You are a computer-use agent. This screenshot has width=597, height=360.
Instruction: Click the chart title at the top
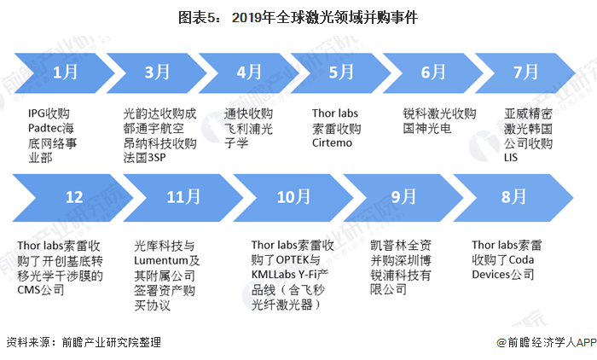(x=298, y=18)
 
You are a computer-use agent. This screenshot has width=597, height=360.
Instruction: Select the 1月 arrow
(x=64, y=73)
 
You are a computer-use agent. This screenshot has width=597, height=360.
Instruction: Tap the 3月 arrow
(x=156, y=73)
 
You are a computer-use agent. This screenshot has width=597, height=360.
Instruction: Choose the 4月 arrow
(x=248, y=73)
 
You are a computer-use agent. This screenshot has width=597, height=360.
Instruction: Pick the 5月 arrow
(x=340, y=73)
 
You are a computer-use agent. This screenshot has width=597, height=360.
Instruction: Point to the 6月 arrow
(x=432, y=73)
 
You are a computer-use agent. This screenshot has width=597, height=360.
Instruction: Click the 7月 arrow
(x=525, y=73)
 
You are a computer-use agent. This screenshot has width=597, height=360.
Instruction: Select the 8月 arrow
(x=513, y=198)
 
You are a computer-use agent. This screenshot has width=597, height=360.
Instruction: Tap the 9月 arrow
(x=403, y=198)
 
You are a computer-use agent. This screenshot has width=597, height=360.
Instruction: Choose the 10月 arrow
(x=293, y=198)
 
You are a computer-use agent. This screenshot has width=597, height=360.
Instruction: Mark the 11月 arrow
(x=183, y=198)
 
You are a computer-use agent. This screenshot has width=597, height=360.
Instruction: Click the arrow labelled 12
(x=73, y=198)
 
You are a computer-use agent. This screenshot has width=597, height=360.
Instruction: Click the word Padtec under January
(x=44, y=128)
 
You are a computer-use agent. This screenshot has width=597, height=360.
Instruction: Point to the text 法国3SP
(x=144, y=157)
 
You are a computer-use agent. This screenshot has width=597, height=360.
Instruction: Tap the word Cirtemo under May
(x=332, y=142)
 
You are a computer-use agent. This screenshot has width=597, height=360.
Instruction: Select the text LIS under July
(x=511, y=157)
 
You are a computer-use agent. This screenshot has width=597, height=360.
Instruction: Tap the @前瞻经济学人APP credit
(x=547, y=342)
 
